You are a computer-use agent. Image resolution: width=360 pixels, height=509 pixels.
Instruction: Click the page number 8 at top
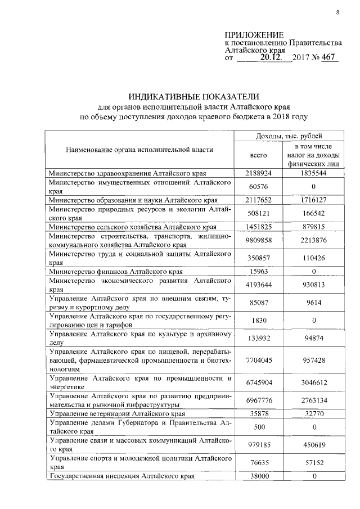pyautogui.click(x=337, y=11)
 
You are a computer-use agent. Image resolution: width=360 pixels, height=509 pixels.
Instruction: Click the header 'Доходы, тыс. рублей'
pyautogui.click(x=289, y=136)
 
